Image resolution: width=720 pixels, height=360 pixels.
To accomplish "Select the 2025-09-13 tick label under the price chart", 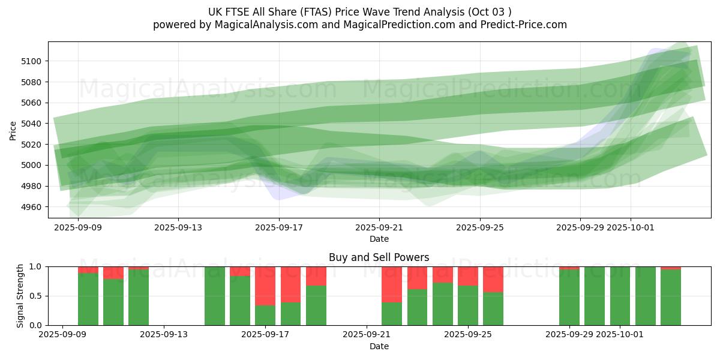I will (x=178, y=228).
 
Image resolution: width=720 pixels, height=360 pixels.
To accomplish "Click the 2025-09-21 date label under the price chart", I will (x=379, y=228).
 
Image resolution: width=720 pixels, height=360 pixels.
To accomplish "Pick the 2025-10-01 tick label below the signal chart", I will (x=621, y=335).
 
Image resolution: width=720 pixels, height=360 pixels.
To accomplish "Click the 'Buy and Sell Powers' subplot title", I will (x=379, y=257).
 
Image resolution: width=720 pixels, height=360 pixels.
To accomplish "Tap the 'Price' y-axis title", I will (x=13, y=130).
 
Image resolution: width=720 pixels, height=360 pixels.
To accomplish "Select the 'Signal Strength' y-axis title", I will (x=20, y=296).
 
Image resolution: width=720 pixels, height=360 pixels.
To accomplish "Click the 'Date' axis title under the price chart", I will (x=379, y=239).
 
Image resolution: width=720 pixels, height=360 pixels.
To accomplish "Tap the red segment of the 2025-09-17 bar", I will (x=265, y=286).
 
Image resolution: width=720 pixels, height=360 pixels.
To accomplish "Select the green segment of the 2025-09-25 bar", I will (x=468, y=305).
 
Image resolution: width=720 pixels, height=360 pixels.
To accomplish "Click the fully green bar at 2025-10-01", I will (x=620, y=296).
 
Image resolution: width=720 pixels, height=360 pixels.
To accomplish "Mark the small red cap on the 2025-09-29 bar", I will (x=569, y=268).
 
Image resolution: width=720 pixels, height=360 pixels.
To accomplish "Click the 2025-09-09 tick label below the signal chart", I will (x=64, y=335).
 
